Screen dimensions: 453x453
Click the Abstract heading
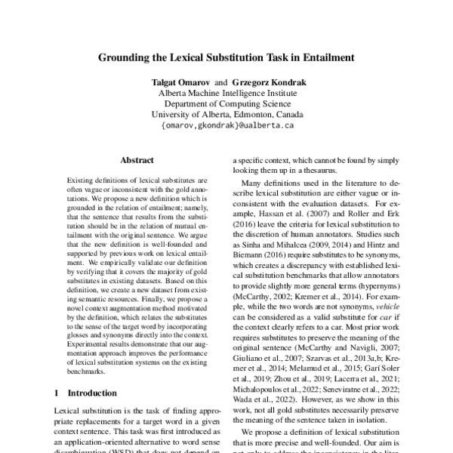coord(137,160)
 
